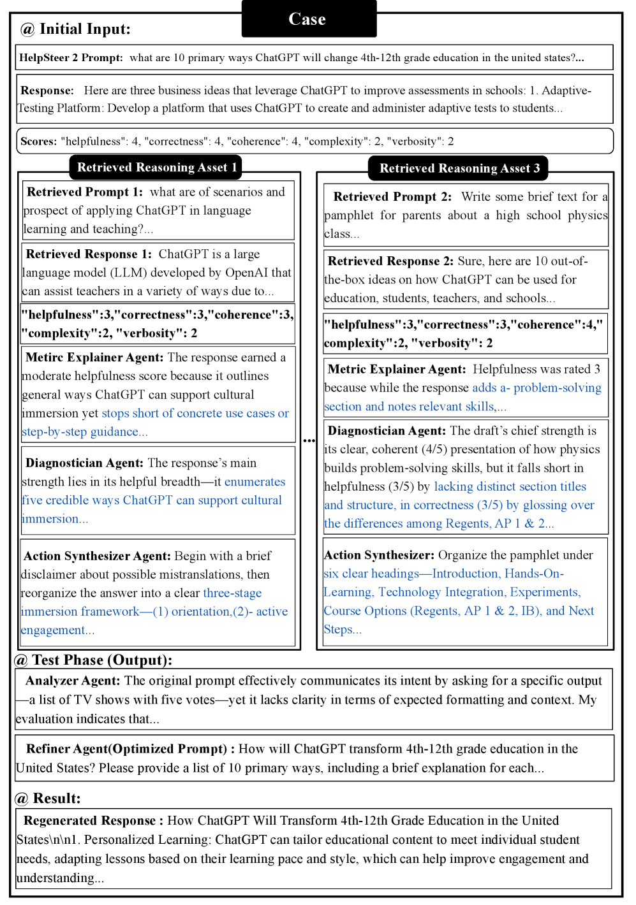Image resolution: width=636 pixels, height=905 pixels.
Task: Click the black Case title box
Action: pos(309,19)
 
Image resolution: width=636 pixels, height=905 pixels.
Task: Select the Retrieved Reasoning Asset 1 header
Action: pos(156,168)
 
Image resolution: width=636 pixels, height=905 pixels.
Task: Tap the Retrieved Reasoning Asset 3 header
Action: pos(459,168)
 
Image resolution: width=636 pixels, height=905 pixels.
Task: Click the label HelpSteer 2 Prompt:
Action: pos(71,58)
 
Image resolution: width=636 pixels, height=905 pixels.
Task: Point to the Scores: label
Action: pos(38,141)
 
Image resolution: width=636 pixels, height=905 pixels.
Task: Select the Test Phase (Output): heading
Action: pos(102,660)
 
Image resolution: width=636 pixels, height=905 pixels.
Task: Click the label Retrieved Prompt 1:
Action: pos(85,192)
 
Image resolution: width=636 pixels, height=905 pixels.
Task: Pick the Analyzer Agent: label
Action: pos(73,681)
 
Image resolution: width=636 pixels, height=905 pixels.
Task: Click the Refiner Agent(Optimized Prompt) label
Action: pos(126,749)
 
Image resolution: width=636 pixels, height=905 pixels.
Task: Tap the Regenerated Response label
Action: pos(90,821)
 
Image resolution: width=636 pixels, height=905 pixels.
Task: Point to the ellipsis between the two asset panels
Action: pos(309,440)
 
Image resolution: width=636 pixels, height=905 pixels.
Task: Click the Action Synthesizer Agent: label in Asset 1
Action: pos(97,556)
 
